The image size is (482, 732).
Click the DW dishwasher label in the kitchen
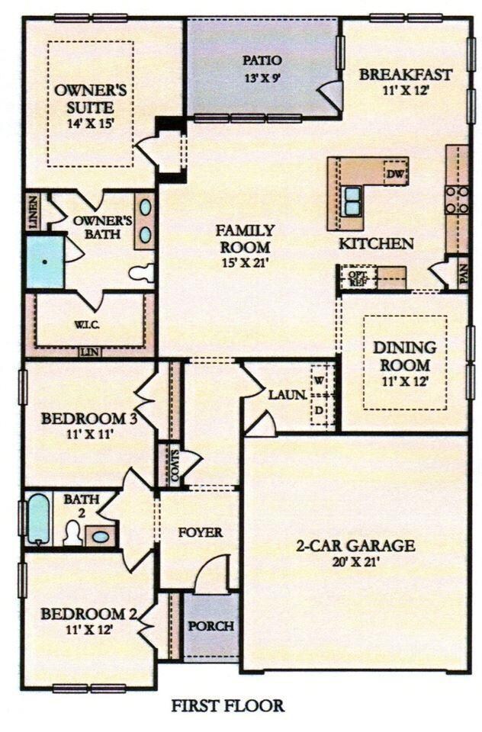coord(394,174)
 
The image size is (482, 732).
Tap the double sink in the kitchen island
coord(352,201)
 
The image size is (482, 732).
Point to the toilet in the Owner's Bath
coord(142,272)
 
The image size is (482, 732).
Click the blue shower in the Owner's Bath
coord(44,262)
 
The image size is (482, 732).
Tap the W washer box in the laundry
coord(320,379)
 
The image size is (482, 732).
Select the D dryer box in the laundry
coord(320,411)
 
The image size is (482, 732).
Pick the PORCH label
coord(210,627)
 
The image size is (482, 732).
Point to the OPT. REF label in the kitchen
coord(357,277)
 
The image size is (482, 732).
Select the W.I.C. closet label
coord(85,324)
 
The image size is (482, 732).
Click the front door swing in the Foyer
coord(214,576)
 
